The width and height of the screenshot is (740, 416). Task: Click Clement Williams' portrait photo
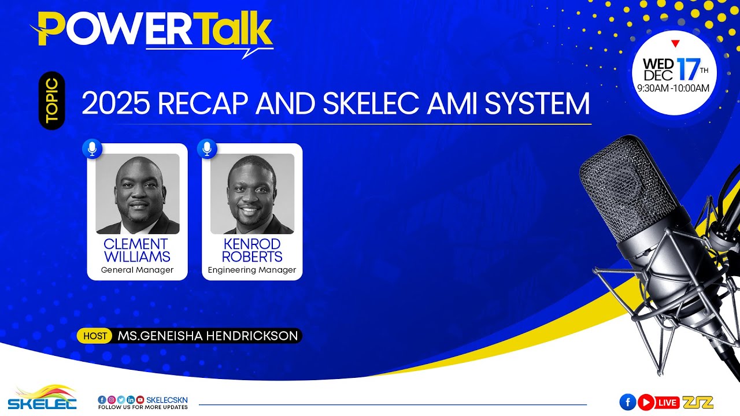point(138,194)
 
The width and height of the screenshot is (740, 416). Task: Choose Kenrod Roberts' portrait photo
point(252,194)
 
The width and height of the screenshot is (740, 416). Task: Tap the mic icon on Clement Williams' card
point(92,148)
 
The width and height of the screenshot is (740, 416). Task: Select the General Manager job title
point(137,270)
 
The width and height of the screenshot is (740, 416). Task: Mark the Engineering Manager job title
point(252,270)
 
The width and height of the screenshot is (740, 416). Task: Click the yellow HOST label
point(95,336)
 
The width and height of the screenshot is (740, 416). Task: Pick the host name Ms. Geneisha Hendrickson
point(208,336)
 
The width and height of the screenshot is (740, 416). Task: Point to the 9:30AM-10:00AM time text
point(673,88)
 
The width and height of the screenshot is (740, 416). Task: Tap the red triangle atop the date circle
point(675,43)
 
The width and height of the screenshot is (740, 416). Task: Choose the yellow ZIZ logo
point(698,402)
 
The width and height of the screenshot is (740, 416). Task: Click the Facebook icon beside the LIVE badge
point(627,402)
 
